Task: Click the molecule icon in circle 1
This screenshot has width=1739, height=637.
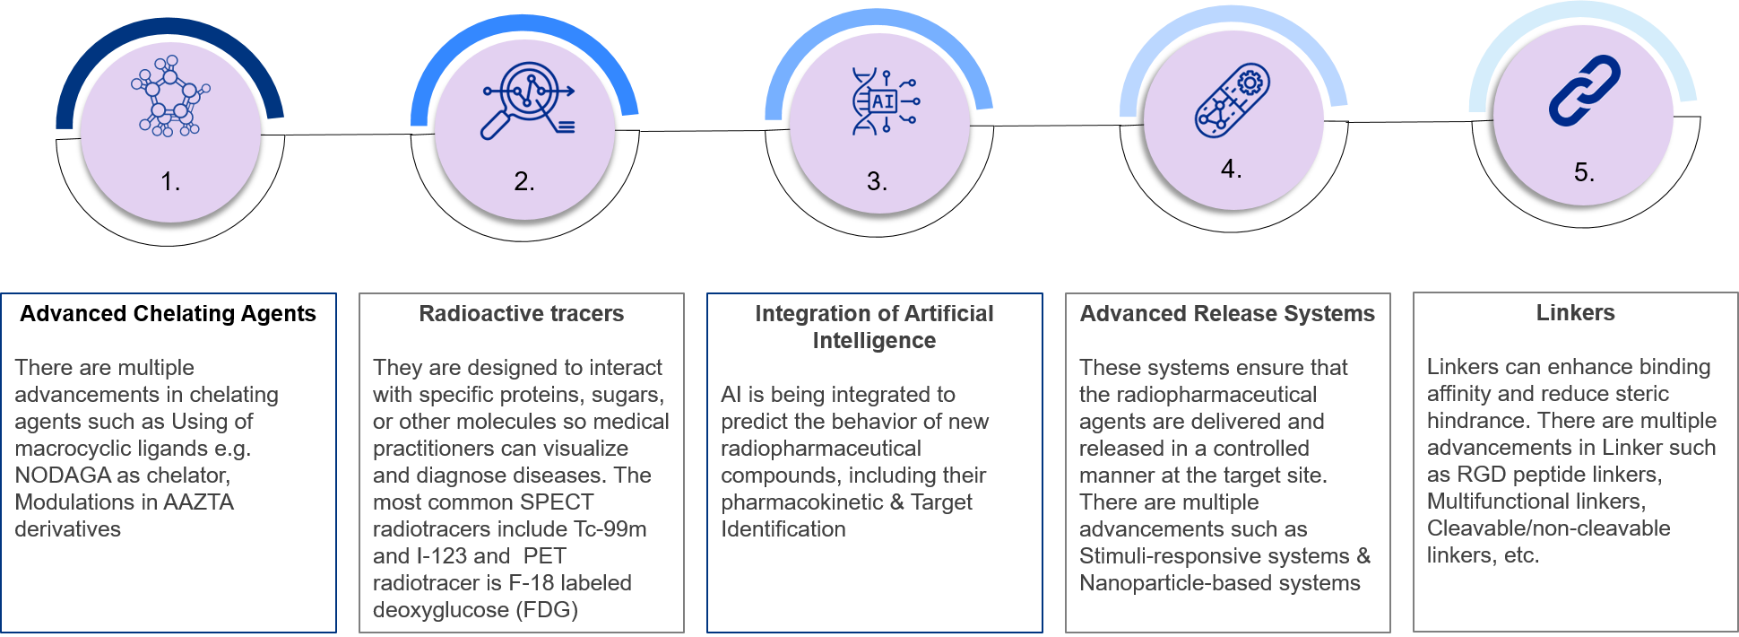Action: [169, 96]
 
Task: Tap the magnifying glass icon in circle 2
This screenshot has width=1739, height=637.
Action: [527, 100]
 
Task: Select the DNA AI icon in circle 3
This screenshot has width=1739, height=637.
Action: [884, 100]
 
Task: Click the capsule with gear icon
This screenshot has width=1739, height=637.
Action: [1232, 100]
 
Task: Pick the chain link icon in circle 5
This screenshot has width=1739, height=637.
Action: [1584, 89]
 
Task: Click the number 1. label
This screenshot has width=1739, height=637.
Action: [170, 182]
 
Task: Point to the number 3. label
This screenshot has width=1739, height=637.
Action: [877, 182]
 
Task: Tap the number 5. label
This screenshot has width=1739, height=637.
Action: [1584, 172]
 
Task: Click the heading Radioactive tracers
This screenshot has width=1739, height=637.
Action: [521, 313]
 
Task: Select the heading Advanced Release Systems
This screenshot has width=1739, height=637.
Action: [1226, 313]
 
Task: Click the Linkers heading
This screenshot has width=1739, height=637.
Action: [1575, 312]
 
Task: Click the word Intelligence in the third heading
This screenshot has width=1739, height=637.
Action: [874, 340]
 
